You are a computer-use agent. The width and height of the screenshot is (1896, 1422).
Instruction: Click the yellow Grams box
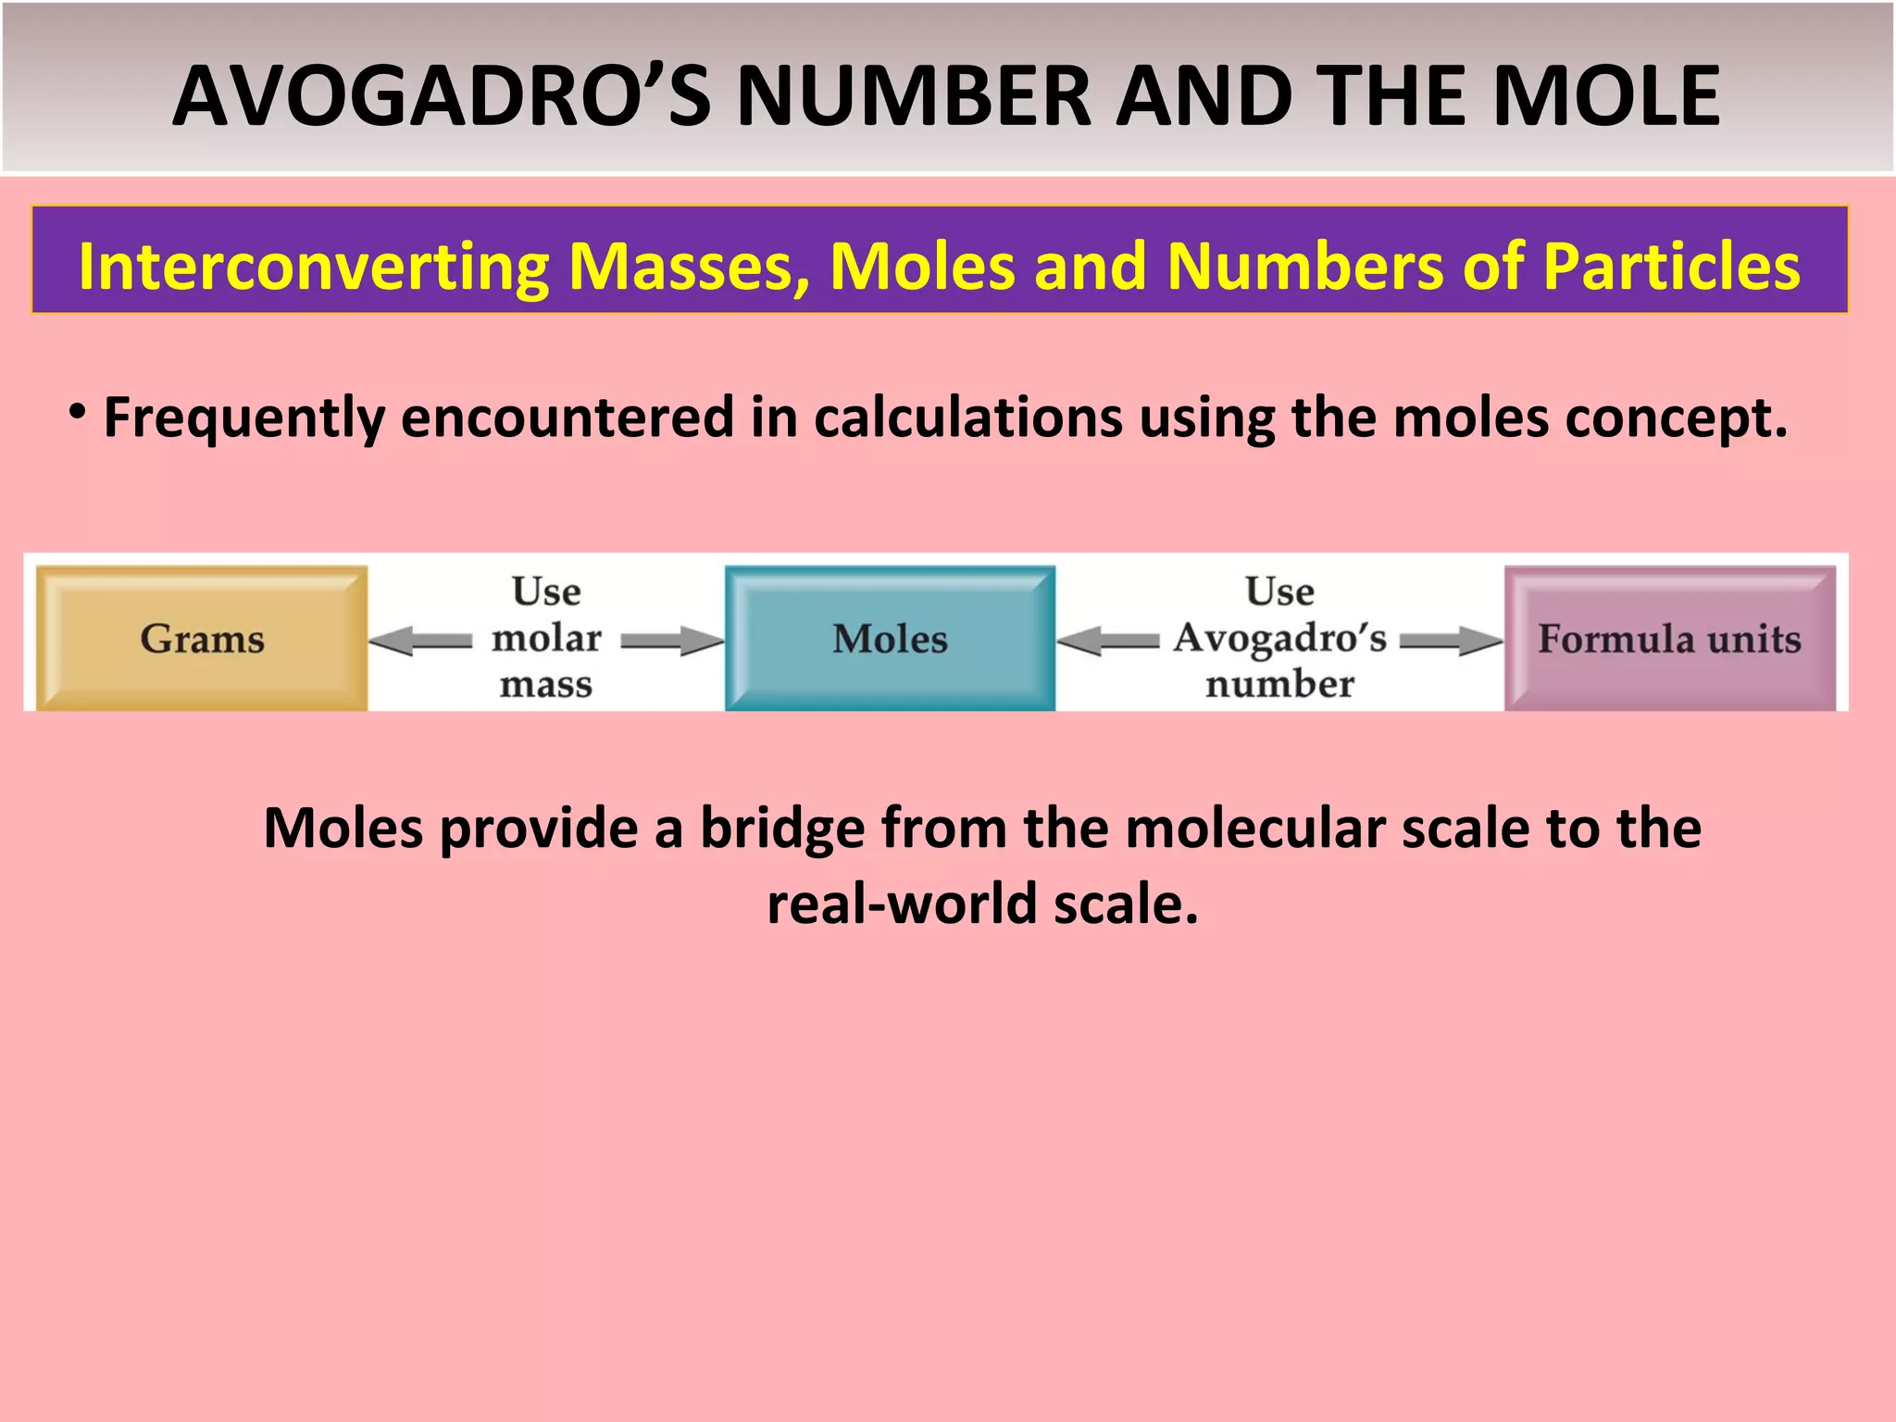[202, 639]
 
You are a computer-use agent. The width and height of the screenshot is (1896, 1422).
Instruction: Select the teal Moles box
[890, 639]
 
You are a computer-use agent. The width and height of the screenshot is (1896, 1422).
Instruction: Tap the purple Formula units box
[1669, 639]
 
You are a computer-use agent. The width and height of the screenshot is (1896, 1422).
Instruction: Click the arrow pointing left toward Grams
[420, 641]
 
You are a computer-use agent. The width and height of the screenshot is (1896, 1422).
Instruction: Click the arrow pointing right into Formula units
[1452, 641]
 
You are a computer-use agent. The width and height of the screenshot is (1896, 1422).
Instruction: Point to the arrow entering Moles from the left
[672, 641]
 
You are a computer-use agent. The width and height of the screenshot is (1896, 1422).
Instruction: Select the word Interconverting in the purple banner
[314, 267]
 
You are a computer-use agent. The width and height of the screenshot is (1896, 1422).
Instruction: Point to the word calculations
[968, 418]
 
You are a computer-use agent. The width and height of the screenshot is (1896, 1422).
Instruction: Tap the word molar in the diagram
[546, 638]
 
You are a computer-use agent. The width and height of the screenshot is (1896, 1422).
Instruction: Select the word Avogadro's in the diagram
[1279, 638]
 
